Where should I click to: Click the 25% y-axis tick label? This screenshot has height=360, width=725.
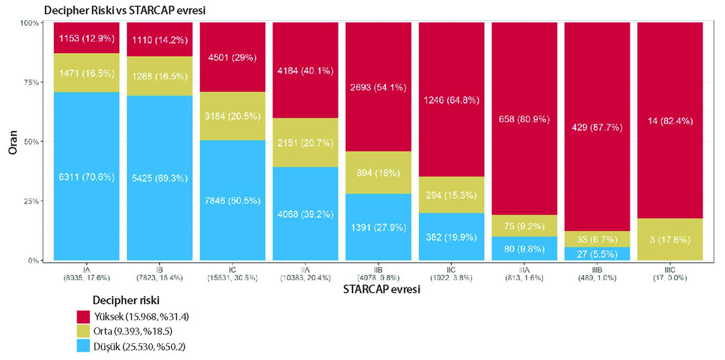(30, 201)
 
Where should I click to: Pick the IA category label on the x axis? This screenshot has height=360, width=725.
(87, 268)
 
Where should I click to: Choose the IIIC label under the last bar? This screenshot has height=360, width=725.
(670, 268)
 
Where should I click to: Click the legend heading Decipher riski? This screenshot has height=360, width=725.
(126, 301)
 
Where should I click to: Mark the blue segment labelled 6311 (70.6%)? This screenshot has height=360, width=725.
(87, 176)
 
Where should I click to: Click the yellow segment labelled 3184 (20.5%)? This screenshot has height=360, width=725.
(232, 116)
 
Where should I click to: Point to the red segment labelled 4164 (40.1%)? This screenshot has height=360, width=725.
(305, 71)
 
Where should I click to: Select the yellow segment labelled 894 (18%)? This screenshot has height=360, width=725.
(378, 173)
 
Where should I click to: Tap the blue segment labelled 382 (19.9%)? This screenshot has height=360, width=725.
(451, 236)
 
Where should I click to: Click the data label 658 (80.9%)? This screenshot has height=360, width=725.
(524, 119)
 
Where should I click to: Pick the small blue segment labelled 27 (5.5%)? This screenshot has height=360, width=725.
(597, 254)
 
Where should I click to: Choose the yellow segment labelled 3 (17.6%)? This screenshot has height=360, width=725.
(670, 240)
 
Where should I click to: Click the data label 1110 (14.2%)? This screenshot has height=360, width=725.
(160, 40)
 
